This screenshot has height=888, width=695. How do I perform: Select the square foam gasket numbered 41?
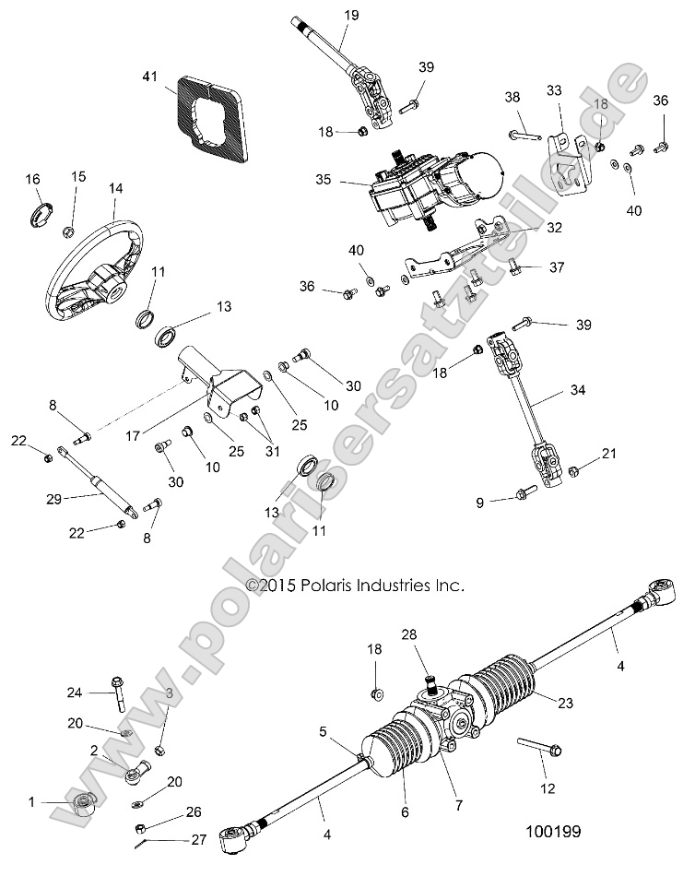[215, 113]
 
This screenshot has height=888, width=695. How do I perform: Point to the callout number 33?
[553, 90]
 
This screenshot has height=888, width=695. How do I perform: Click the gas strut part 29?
[99, 478]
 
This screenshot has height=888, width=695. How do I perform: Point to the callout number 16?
[32, 178]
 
